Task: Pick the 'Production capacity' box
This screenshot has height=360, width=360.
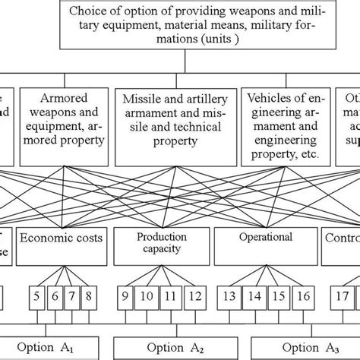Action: [x=161, y=243]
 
